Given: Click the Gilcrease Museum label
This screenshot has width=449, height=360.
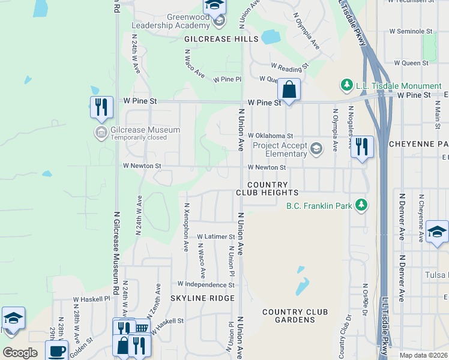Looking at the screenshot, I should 145,130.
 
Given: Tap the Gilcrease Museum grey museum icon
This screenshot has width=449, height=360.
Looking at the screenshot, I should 101,131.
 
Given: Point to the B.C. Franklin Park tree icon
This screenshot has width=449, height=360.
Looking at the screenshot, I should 361,206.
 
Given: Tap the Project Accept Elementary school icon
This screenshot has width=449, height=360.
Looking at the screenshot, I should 316,148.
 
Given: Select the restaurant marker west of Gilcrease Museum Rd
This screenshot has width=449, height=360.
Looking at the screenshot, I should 101,107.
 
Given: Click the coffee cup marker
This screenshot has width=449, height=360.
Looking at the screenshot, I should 57,351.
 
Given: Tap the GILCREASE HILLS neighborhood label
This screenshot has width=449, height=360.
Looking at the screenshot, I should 221,39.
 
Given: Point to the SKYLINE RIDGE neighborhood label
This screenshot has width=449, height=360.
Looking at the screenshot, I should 202,298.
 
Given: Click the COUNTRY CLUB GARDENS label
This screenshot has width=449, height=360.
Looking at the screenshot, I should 295,316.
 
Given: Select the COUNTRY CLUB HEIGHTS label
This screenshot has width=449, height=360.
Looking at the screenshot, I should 267,188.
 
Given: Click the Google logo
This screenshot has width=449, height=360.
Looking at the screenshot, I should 20,353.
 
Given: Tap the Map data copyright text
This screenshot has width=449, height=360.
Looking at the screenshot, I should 423,355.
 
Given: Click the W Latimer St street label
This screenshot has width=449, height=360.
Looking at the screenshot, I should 214,237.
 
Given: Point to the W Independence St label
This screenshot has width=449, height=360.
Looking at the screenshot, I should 205,284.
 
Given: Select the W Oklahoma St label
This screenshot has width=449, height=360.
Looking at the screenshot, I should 270,136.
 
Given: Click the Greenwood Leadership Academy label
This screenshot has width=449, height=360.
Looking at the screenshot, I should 171,21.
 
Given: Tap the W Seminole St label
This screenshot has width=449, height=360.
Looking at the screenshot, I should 411,31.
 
